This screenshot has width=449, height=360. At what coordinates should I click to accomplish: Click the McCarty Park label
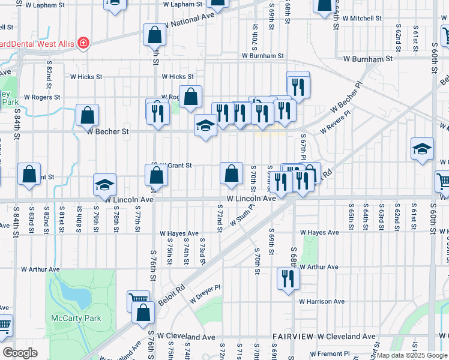[x=76, y=318]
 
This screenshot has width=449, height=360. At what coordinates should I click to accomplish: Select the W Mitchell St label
[x=358, y=19]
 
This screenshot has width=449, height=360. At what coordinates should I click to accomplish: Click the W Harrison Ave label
[x=322, y=301]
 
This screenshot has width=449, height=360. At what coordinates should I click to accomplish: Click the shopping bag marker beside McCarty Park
[x=143, y=313]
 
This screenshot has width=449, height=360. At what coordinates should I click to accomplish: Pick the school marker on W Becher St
[x=205, y=126]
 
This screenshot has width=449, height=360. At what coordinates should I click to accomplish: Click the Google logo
[x=20, y=353]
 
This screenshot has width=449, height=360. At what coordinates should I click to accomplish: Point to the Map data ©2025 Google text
[x=411, y=355]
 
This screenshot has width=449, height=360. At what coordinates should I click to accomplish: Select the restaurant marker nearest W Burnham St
[x=298, y=85]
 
